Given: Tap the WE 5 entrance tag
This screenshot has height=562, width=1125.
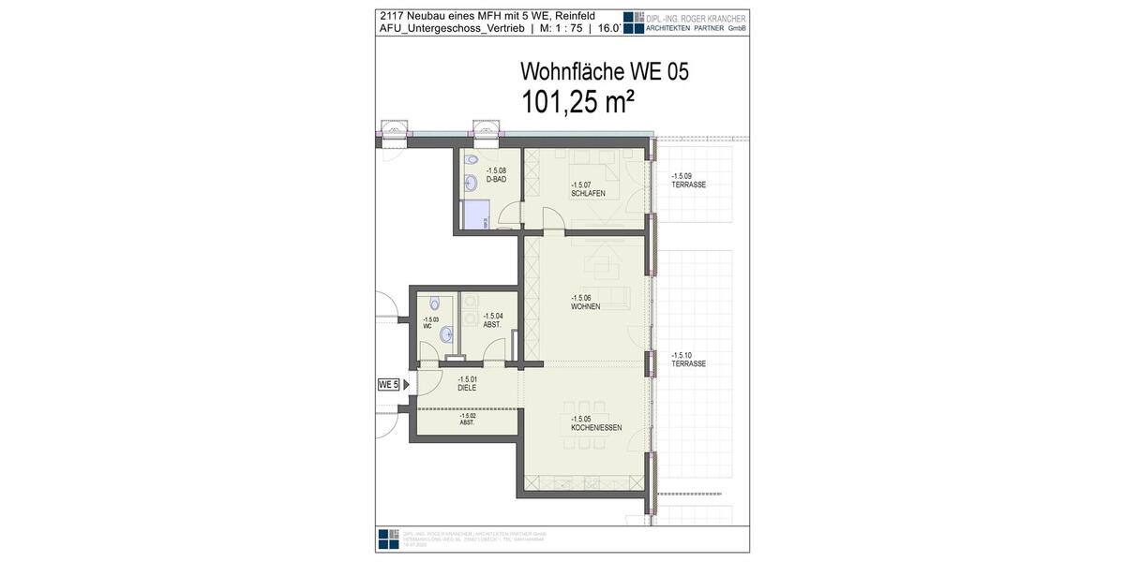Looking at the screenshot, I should click(x=388, y=384).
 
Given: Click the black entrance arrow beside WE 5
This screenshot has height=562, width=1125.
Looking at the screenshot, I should click(x=407, y=384).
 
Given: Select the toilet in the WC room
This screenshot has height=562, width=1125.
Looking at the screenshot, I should click(x=434, y=303).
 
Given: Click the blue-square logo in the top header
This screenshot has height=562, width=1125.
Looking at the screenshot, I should click(x=634, y=22).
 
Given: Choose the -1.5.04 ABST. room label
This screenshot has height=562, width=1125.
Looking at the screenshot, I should click(x=493, y=319).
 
